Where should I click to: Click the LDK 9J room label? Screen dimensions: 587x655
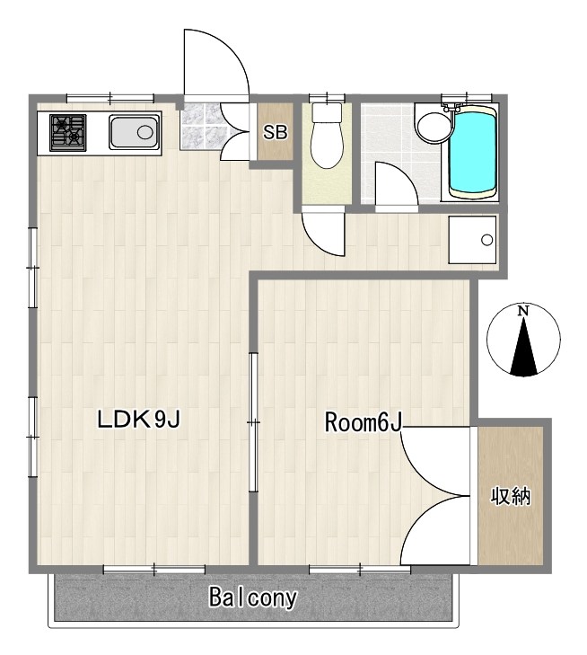tap(138, 419)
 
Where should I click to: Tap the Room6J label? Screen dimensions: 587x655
tap(363, 422)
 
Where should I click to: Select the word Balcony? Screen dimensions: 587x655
tap(253, 597)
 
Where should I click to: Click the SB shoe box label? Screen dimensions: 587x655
tap(275, 132)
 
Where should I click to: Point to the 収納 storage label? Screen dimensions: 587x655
tap(510, 496)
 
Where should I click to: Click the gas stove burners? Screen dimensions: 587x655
tap(68, 133)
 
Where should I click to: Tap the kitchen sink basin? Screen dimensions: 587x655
tap(134, 132)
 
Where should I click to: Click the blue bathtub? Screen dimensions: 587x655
tap(474, 152)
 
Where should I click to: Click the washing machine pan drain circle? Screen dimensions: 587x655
tap(486, 240)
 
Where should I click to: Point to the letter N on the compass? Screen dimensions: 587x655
tap(523, 311)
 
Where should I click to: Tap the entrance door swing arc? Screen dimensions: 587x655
tap(233, 48)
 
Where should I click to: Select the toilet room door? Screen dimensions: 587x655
tap(324, 234)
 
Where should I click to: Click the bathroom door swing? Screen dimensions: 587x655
tap(396, 183)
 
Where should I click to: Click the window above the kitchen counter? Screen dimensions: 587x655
tap(110, 98)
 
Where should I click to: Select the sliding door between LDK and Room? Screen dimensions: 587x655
tap(253, 422)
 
